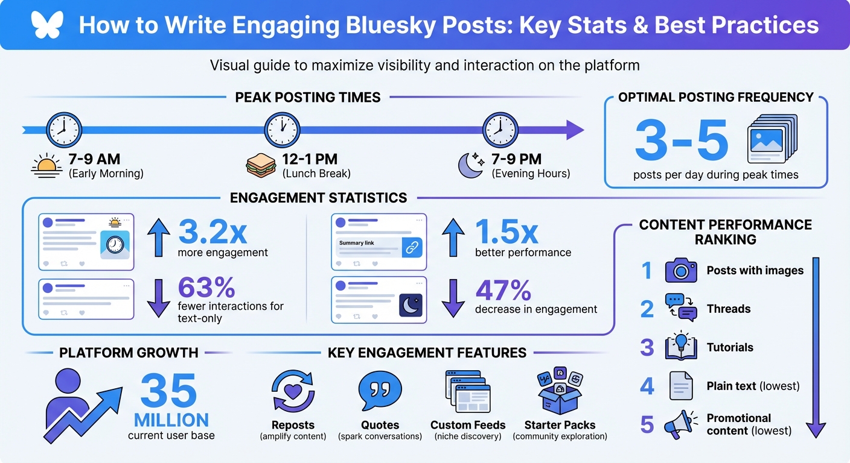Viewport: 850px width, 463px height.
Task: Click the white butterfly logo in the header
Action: (47, 25)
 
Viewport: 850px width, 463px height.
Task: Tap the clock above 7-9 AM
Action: (63, 130)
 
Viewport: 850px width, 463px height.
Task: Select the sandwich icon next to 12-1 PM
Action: (262, 165)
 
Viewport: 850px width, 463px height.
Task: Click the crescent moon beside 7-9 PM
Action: (471, 165)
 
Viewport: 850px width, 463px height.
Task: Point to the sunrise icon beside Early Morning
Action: (46, 165)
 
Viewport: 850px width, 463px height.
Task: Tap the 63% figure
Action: (206, 288)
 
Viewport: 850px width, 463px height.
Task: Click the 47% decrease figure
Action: (503, 291)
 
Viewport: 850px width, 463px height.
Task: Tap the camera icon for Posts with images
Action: (681, 271)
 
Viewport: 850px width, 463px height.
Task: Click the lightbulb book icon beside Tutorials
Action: (681, 347)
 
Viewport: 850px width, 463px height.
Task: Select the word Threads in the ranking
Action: (729, 309)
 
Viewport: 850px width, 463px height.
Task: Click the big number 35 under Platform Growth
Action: (168, 391)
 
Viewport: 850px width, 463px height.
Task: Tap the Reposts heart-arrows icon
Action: (293, 391)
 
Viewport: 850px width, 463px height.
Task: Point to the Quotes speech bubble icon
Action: (380, 391)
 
